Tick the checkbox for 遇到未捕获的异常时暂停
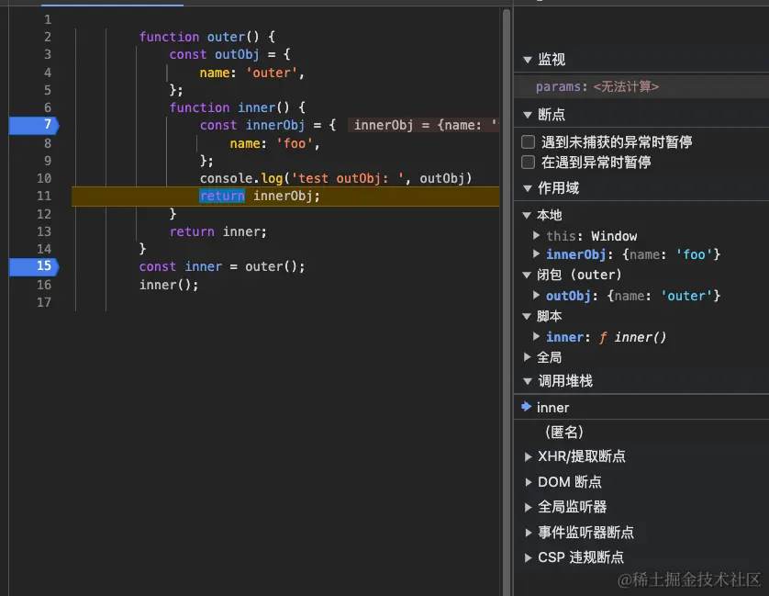coord(528,142)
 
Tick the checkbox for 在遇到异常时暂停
coord(528,163)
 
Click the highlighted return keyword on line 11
coord(222,196)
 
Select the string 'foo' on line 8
coord(295,143)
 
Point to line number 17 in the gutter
coord(44,302)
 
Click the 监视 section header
coord(552,60)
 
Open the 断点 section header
coord(552,115)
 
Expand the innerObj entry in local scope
coord(537,254)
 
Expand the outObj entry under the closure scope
coord(537,296)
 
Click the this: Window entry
coord(591,236)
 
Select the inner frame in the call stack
coord(553,408)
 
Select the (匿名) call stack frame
coord(563,432)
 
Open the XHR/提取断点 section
coord(581,456)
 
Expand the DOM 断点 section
coord(569,482)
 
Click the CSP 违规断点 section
coord(580,557)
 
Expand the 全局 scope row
coord(549,357)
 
